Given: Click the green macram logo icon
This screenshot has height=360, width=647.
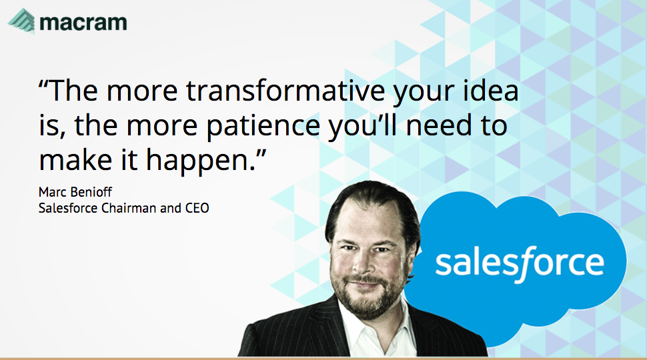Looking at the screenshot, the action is click(x=22, y=21).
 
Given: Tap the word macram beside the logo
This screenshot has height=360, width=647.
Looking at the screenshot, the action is click(x=83, y=23).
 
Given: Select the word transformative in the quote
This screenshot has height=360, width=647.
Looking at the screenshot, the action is click(x=285, y=90).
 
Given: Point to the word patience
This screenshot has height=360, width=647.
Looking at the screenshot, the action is click(x=263, y=126).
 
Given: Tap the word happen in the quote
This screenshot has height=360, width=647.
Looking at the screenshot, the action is click(x=198, y=161).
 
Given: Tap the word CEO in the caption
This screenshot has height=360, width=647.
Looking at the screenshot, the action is click(x=197, y=208).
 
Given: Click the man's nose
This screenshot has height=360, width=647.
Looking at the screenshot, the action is click(x=363, y=264).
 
